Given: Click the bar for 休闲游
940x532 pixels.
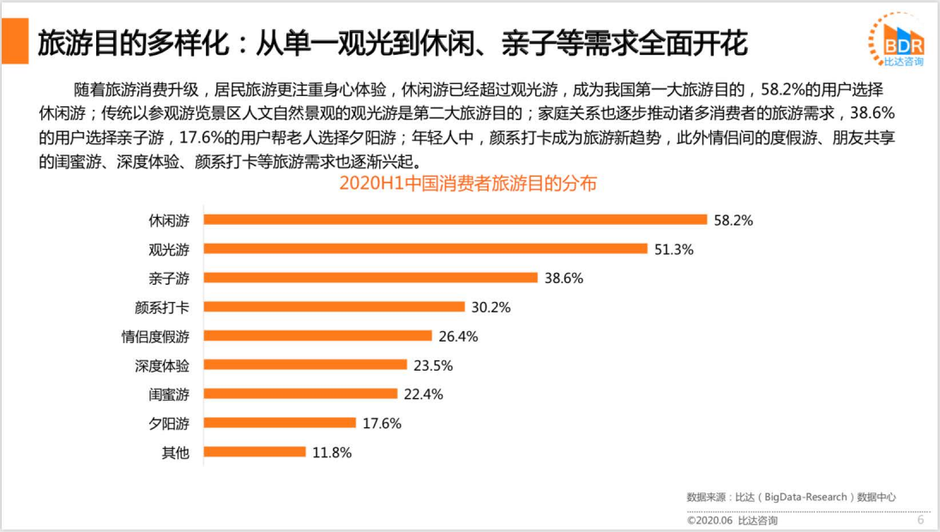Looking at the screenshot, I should coord(455,220).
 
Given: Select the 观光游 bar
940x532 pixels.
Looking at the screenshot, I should coord(425,249).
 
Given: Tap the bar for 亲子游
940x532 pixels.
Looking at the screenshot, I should coord(371,278).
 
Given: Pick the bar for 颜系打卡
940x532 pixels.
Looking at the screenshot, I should coord(334,307).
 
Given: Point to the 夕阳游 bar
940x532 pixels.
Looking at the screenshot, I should coord(280,422).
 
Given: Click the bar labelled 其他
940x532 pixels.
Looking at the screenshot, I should coord(255,451).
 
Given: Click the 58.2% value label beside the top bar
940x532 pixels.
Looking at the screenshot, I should coord(732,221).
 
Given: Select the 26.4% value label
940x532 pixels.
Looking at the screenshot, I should coord(457,336).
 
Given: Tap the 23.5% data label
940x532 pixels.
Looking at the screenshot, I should coord(432,365).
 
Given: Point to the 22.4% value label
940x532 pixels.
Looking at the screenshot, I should coord(423,394).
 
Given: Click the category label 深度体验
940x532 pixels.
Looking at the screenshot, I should coord(162,365).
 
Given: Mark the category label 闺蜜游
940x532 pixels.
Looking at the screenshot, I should coord(169,394).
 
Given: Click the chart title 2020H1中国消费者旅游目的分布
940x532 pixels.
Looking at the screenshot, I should coord(467,184).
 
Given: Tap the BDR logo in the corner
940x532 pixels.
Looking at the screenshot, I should coord(898,40).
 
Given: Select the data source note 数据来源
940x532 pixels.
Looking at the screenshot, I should coord(791,497).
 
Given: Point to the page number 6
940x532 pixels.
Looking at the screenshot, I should coord(920,520).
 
